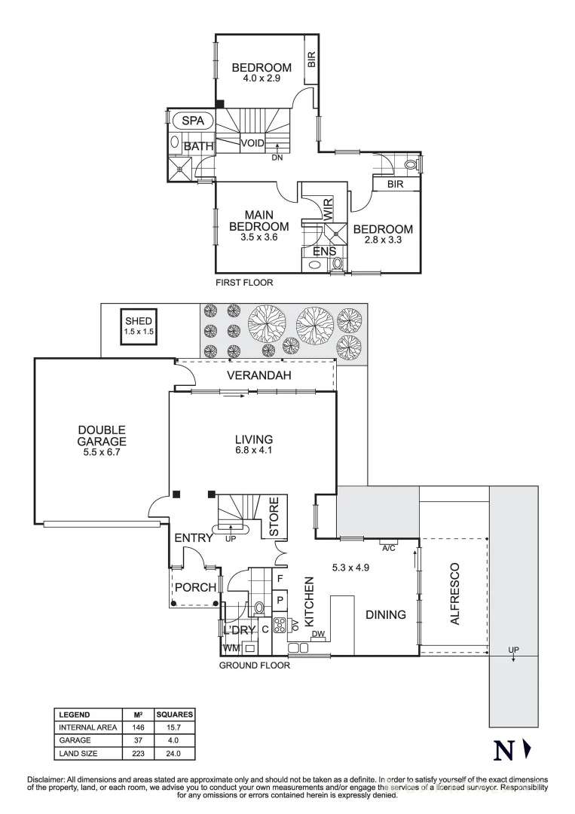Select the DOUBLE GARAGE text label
point(101,436)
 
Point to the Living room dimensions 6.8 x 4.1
point(252,451)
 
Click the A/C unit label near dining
point(389,547)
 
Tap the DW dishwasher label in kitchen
point(317,634)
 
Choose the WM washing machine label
point(231,647)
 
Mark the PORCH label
point(195,588)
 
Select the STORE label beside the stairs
point(274,516)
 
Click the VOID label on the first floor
point(252,143)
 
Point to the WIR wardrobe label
point(329,209)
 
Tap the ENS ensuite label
point(314,252)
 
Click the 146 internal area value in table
point(138,727)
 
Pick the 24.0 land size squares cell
point(174,753)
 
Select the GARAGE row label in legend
point(76,740)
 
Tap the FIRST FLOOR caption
point(243,283)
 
